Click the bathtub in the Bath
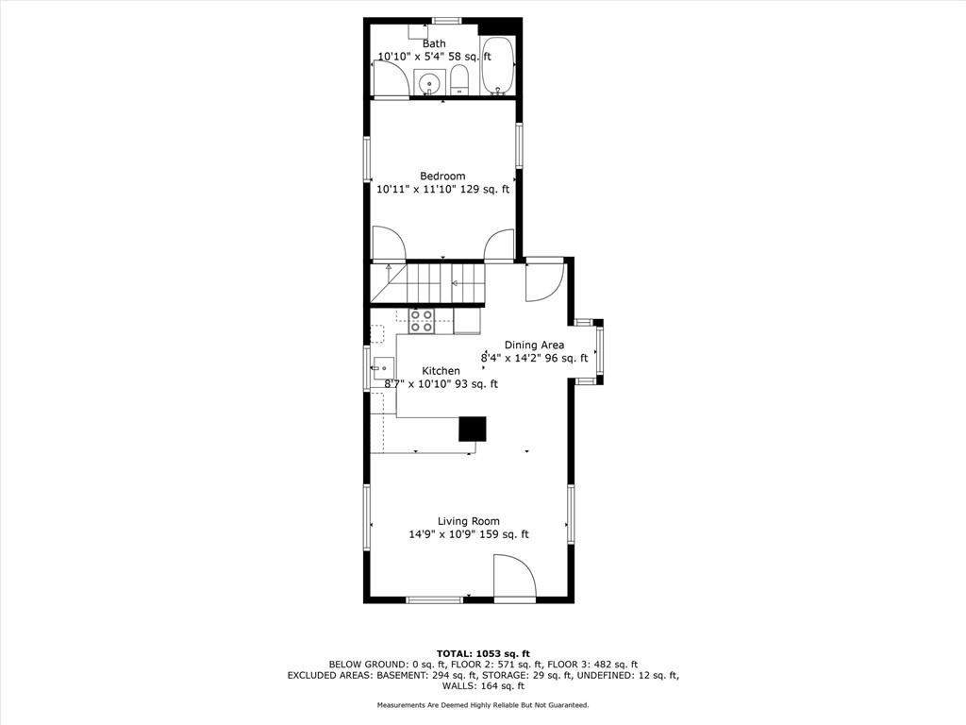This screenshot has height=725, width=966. coord(497,66)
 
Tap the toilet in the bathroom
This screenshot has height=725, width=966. coord(459,81)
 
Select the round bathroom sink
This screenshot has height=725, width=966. coord(429,83)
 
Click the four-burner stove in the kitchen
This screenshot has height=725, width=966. coord(422,321)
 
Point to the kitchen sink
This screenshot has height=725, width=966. coord(383,369)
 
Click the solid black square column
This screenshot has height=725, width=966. coord(473,430)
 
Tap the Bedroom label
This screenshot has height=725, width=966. coord(442,176)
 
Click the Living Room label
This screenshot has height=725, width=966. coord(468,521)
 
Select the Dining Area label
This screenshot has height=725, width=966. coord(534,345)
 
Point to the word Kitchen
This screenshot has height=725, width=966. coord(441,370)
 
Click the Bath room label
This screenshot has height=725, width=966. coord(434,43)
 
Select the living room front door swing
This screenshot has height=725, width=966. coord(515,577)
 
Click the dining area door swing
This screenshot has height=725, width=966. coord(544,280)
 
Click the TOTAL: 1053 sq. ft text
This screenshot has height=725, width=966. coord(483,653)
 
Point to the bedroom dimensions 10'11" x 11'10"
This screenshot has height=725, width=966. coord(416,189)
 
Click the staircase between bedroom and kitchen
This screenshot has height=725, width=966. coord(427,283)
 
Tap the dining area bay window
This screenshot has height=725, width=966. coord(590,352)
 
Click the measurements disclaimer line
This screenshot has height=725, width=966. coord(483,704)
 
